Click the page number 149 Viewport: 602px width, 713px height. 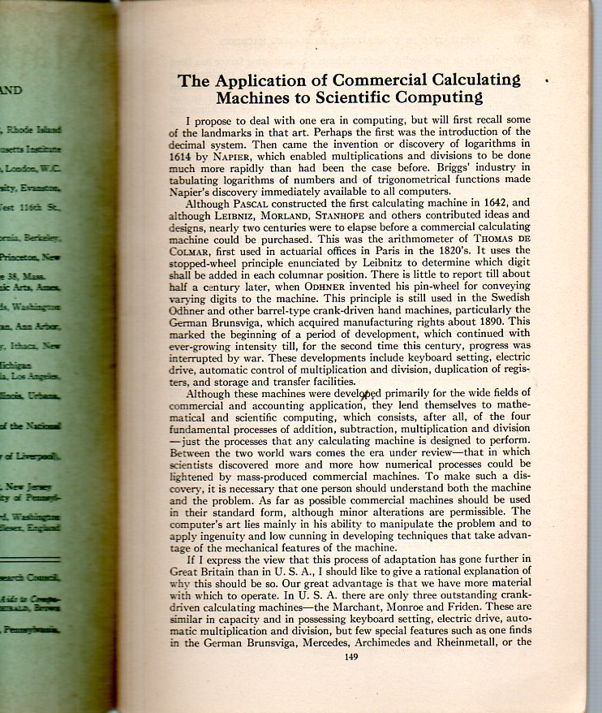tap(350, 657)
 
